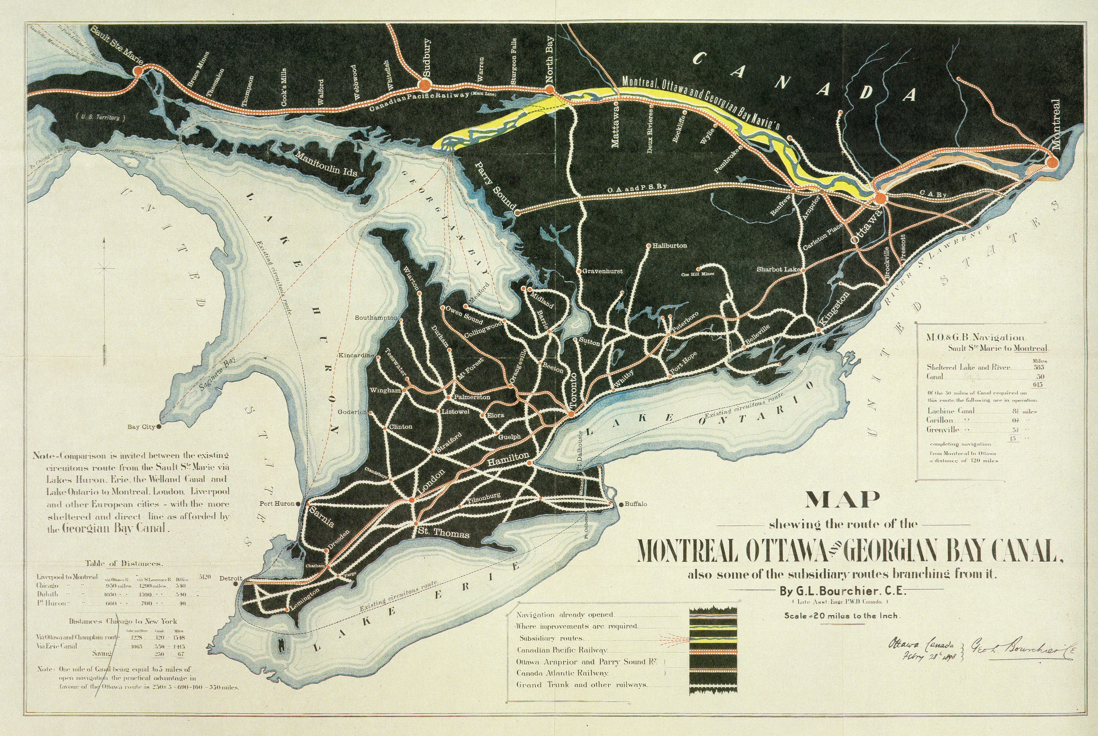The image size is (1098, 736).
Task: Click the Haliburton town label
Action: point(670,245)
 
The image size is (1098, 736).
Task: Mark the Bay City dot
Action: point(159,427)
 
